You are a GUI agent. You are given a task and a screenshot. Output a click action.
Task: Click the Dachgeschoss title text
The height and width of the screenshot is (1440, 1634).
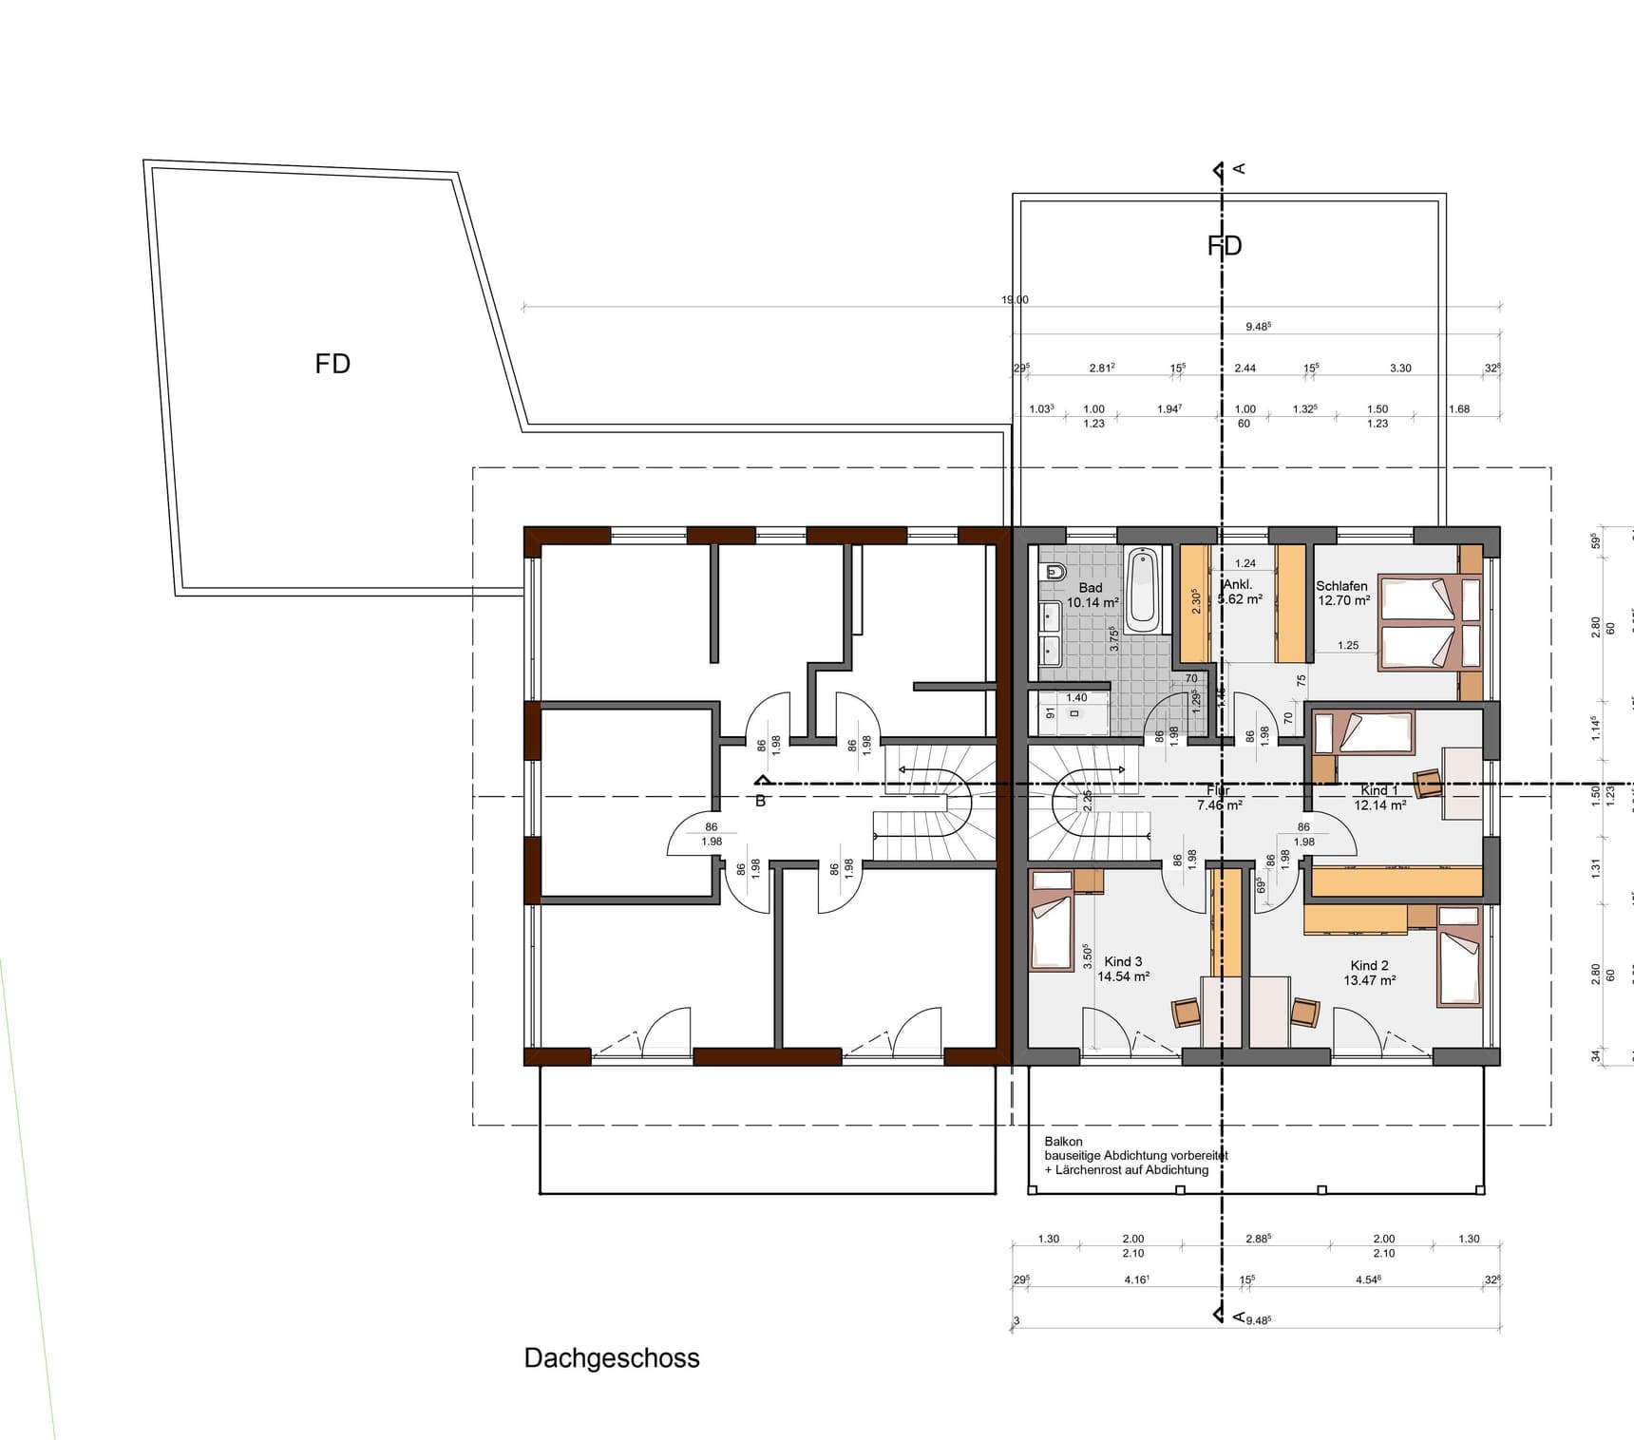[x=612, y=1358]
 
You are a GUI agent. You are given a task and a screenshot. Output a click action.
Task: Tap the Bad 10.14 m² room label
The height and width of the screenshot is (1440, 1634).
[x=1092, y=596]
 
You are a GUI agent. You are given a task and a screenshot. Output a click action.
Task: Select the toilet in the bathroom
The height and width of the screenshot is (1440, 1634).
[x=1054, y=572]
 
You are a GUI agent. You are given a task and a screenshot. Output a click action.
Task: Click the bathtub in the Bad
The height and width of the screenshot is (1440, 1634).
[x=1142, y=589]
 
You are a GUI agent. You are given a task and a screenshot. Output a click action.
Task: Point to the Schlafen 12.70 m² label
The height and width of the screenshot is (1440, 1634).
[x=1342, y=593]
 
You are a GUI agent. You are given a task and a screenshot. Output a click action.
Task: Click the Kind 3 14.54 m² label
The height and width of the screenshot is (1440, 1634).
[x=1123, y=969]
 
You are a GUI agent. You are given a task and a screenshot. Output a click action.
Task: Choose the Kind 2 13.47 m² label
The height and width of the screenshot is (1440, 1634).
[x=1369, y=973]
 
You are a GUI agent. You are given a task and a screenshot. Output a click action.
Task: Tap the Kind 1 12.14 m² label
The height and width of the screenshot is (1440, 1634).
[x=1379, y=798]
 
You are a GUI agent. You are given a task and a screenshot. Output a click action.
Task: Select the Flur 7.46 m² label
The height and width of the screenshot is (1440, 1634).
[x=1219, y=798]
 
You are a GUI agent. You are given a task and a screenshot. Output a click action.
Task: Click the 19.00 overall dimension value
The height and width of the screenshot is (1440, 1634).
[x=1015, y=300]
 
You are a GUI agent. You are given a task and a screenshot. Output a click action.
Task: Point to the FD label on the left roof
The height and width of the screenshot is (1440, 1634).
[x=332, y=364]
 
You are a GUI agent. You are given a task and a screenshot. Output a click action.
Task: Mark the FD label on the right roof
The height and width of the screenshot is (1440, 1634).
[x=1225, y=246]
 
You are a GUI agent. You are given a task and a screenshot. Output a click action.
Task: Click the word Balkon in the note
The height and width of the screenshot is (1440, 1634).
[x=1063, y=1142]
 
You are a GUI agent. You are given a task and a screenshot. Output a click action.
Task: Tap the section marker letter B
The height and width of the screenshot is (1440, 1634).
[x=760, y=802]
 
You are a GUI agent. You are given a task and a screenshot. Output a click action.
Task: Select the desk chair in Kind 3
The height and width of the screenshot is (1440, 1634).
[x=1187, y=1013]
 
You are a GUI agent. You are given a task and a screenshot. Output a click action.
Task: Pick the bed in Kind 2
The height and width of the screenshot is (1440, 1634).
[x=1459, y=957]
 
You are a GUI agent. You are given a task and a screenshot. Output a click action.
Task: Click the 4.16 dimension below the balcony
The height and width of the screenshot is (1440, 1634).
[x=1136, y=1280]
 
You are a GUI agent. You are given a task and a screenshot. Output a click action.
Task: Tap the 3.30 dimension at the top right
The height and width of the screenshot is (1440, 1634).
[x=1400, y=369]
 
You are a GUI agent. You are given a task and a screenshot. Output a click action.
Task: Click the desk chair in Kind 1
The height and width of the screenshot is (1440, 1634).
[x=1427, y=784]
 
